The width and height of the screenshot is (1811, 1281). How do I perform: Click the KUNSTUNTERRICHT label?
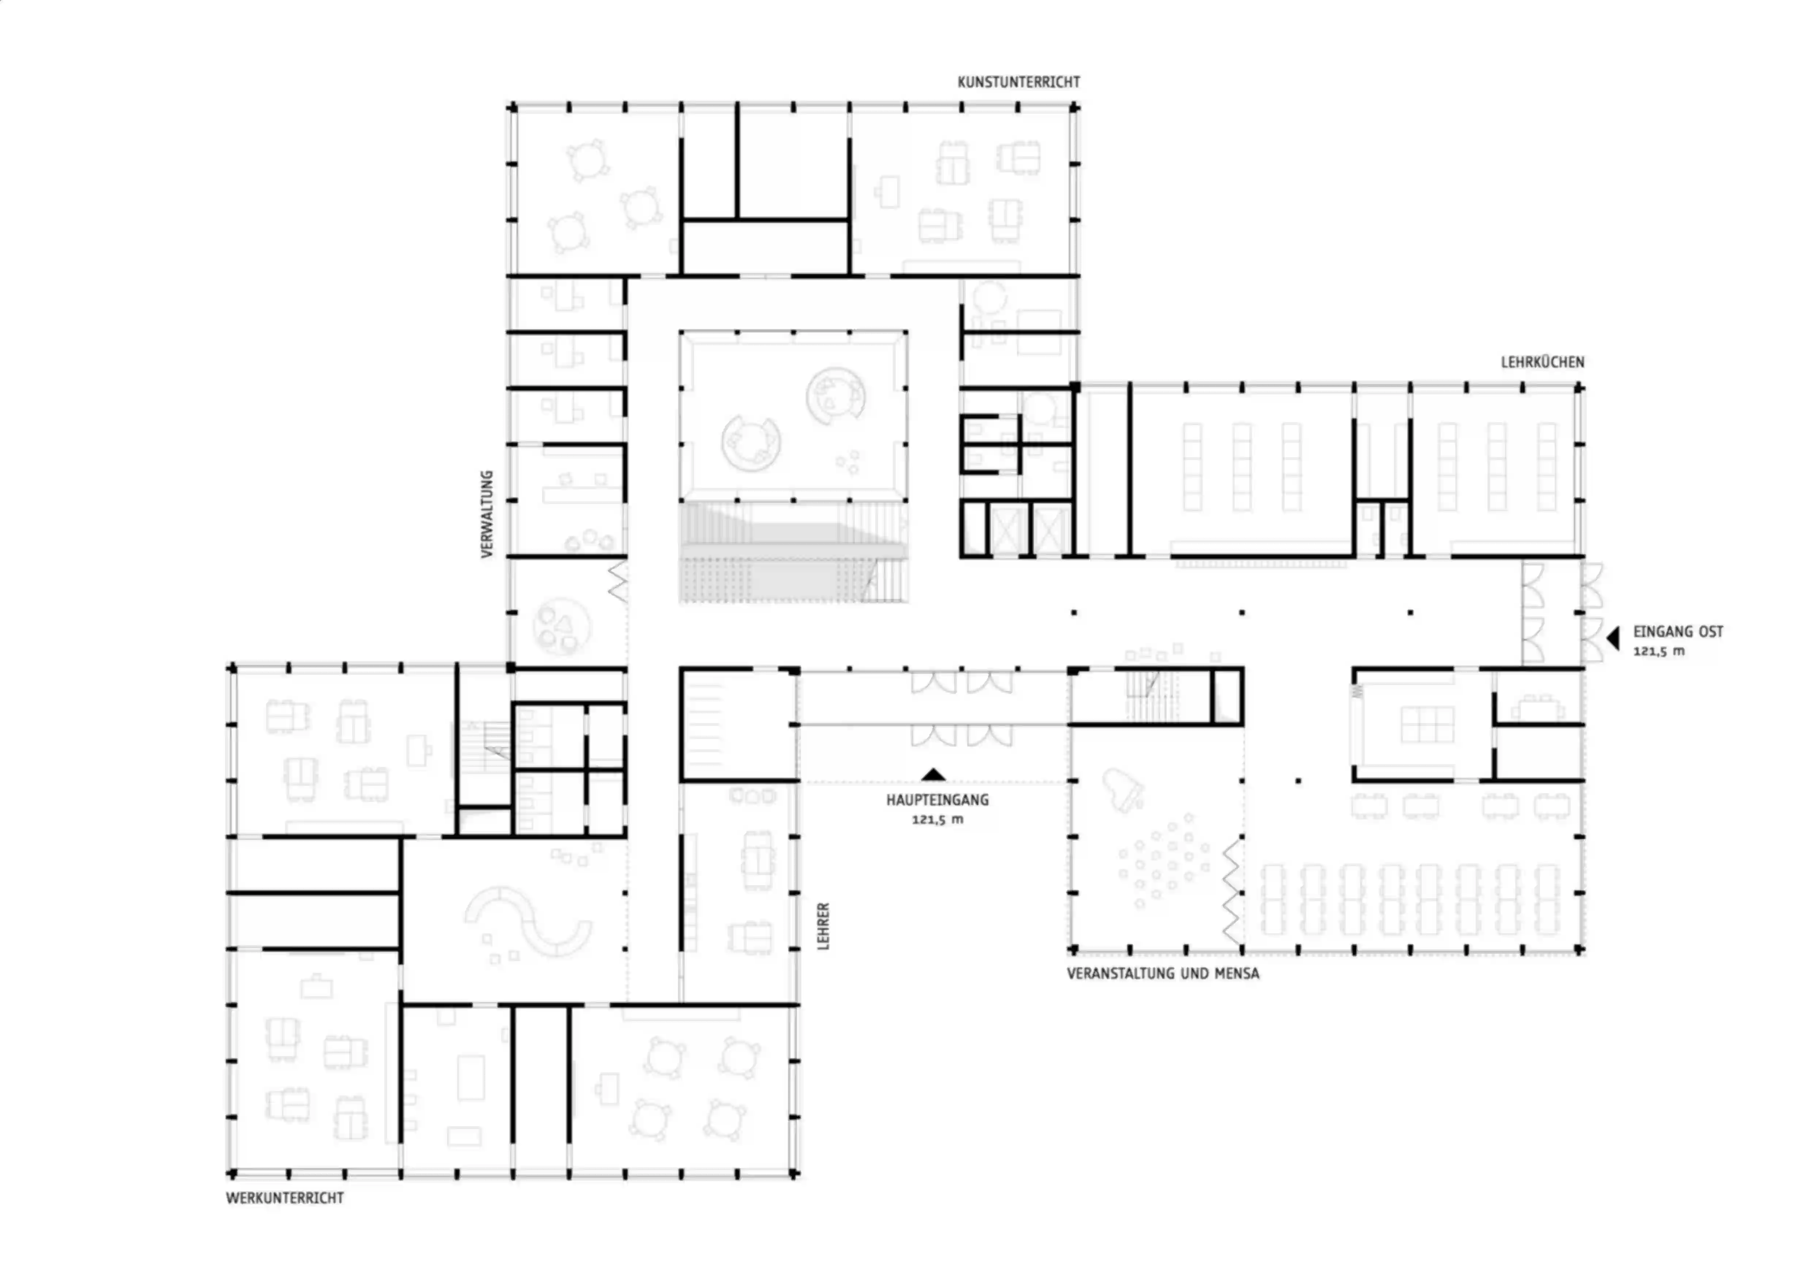point(1018,82)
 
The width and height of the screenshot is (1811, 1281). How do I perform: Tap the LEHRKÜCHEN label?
point(1542,362)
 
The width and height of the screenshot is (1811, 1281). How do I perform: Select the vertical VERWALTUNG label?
point(487,514)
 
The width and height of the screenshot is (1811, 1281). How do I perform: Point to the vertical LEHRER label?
point(823,926)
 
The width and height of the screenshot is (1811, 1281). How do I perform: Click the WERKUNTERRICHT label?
point(285,1197)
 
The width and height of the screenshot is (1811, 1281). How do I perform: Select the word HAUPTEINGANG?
point(937,800)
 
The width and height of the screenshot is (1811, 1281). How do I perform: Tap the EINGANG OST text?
point(1678,632)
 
